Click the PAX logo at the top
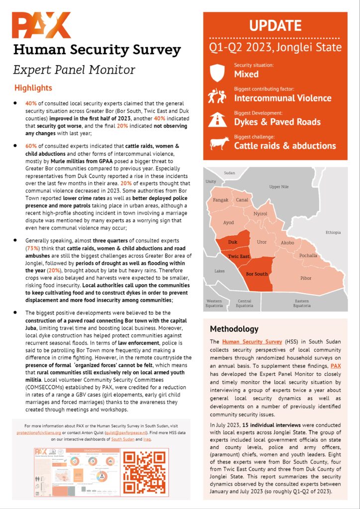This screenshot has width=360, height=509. pos(41,26)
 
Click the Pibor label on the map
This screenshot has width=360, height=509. pos(306,278)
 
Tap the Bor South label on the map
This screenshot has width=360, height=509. pos(257,274)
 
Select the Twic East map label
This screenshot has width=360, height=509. pos(239,256)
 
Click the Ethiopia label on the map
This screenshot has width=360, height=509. pos(333,232)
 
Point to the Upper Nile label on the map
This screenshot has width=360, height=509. pos(278,187)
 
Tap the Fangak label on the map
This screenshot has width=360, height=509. pos(221,200)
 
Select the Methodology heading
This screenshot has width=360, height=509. pos(234,329)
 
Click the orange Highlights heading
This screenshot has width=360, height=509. pos(33,88)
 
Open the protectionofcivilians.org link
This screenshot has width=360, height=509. pos(35,432)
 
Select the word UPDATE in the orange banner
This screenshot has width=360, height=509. pos(274,26)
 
